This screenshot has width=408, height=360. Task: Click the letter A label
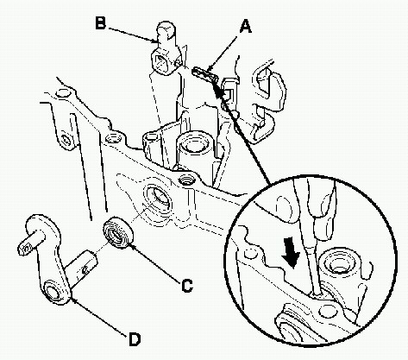click(x=246, y=27)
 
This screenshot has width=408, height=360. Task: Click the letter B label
click(x=100, y=22)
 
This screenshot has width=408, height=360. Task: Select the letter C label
click(x=187, y=286)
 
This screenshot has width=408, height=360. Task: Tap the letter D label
click(x=135, y=339)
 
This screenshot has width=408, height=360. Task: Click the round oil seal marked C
click(x=118, y=233)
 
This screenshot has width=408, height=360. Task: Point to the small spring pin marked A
click(x=204, y=74)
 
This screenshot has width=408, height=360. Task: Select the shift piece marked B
click(x=166, y=49)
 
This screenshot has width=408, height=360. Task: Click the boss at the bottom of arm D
click(x=57, y=292)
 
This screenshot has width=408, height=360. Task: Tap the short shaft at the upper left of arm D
click(x=32, y=243)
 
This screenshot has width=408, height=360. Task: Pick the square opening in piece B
click(x=160, y=62)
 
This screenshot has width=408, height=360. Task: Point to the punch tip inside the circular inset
click(x=317, y=292)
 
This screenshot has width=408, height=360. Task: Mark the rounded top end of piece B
click(x=166, y=28)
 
